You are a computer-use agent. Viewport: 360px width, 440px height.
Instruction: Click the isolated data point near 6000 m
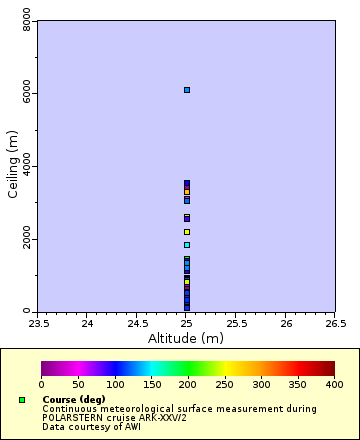pyautogui.click(x=187, y=90)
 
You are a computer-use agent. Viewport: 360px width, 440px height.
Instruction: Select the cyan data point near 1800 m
pyautogui.click(x=187, y=245)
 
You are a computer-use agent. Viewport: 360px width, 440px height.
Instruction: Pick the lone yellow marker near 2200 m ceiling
pyautogui.click(x=187, y=232)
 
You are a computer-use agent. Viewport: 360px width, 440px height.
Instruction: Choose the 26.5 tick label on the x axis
pyautogui.click(x=335, y=323)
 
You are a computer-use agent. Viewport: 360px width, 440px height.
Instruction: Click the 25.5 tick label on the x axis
pyautogui.click(x=236, y=323)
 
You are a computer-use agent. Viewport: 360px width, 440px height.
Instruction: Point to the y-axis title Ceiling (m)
pyautogui.click(x=13, y=166)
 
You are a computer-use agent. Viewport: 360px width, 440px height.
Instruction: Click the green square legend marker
pyautogui.click(x=21, y=400)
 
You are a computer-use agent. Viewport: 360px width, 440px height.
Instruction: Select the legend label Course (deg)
pyautogui.click(x=74, y=400)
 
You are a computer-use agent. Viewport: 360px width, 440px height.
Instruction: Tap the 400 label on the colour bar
pyautogui.click(x=334, y=384)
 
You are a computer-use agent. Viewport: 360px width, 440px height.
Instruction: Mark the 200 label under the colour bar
pyautogui.click(x=188, y=384)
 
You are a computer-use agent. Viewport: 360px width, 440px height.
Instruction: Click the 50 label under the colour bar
pyautogui.click(x=78, y=384)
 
